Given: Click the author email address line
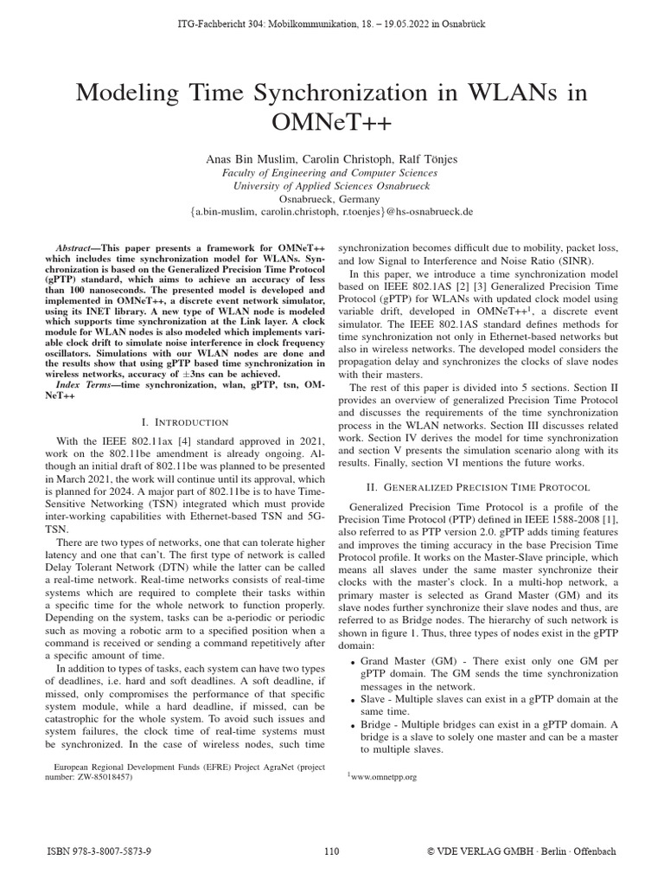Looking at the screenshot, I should click(331, 210).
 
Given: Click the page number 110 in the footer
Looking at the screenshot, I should click(331, 851).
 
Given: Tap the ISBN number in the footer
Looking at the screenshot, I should click(99, 851).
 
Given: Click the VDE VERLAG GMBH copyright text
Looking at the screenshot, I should click(521, 851).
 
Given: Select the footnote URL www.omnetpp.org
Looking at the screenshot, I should click(384, 777).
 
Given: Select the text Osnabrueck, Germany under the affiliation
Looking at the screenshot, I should click(331, 197).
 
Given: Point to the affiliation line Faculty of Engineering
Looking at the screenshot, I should click(331, 172).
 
